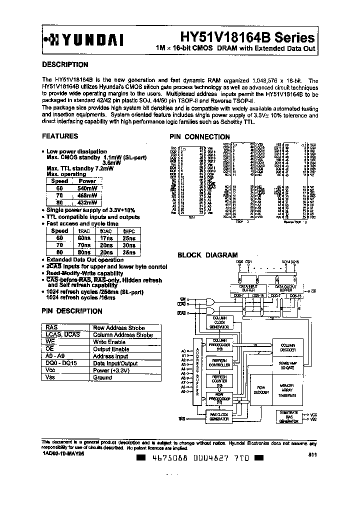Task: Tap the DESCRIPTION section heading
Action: pyautogui.click(x=65, y=64)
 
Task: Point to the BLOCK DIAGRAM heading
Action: pyautogui.click(x=208, y=255)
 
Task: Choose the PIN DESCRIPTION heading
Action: pyautogui.click(x=72, y=311)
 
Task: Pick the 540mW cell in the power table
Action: pyautogui.click(x=87, y=188)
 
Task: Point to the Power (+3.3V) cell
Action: pyautogui.click(x=111, y=371)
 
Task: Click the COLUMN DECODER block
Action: pyautogui.click(x=288, y=348)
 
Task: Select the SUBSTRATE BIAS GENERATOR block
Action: pyautogui.click(x=288, y=417)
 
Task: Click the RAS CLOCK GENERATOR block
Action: pyautogui.click(x=219, y=416)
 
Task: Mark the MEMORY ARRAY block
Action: pyautogui.click(x=288, y=390)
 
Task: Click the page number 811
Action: pyautogui.click(x=311, y=454)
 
